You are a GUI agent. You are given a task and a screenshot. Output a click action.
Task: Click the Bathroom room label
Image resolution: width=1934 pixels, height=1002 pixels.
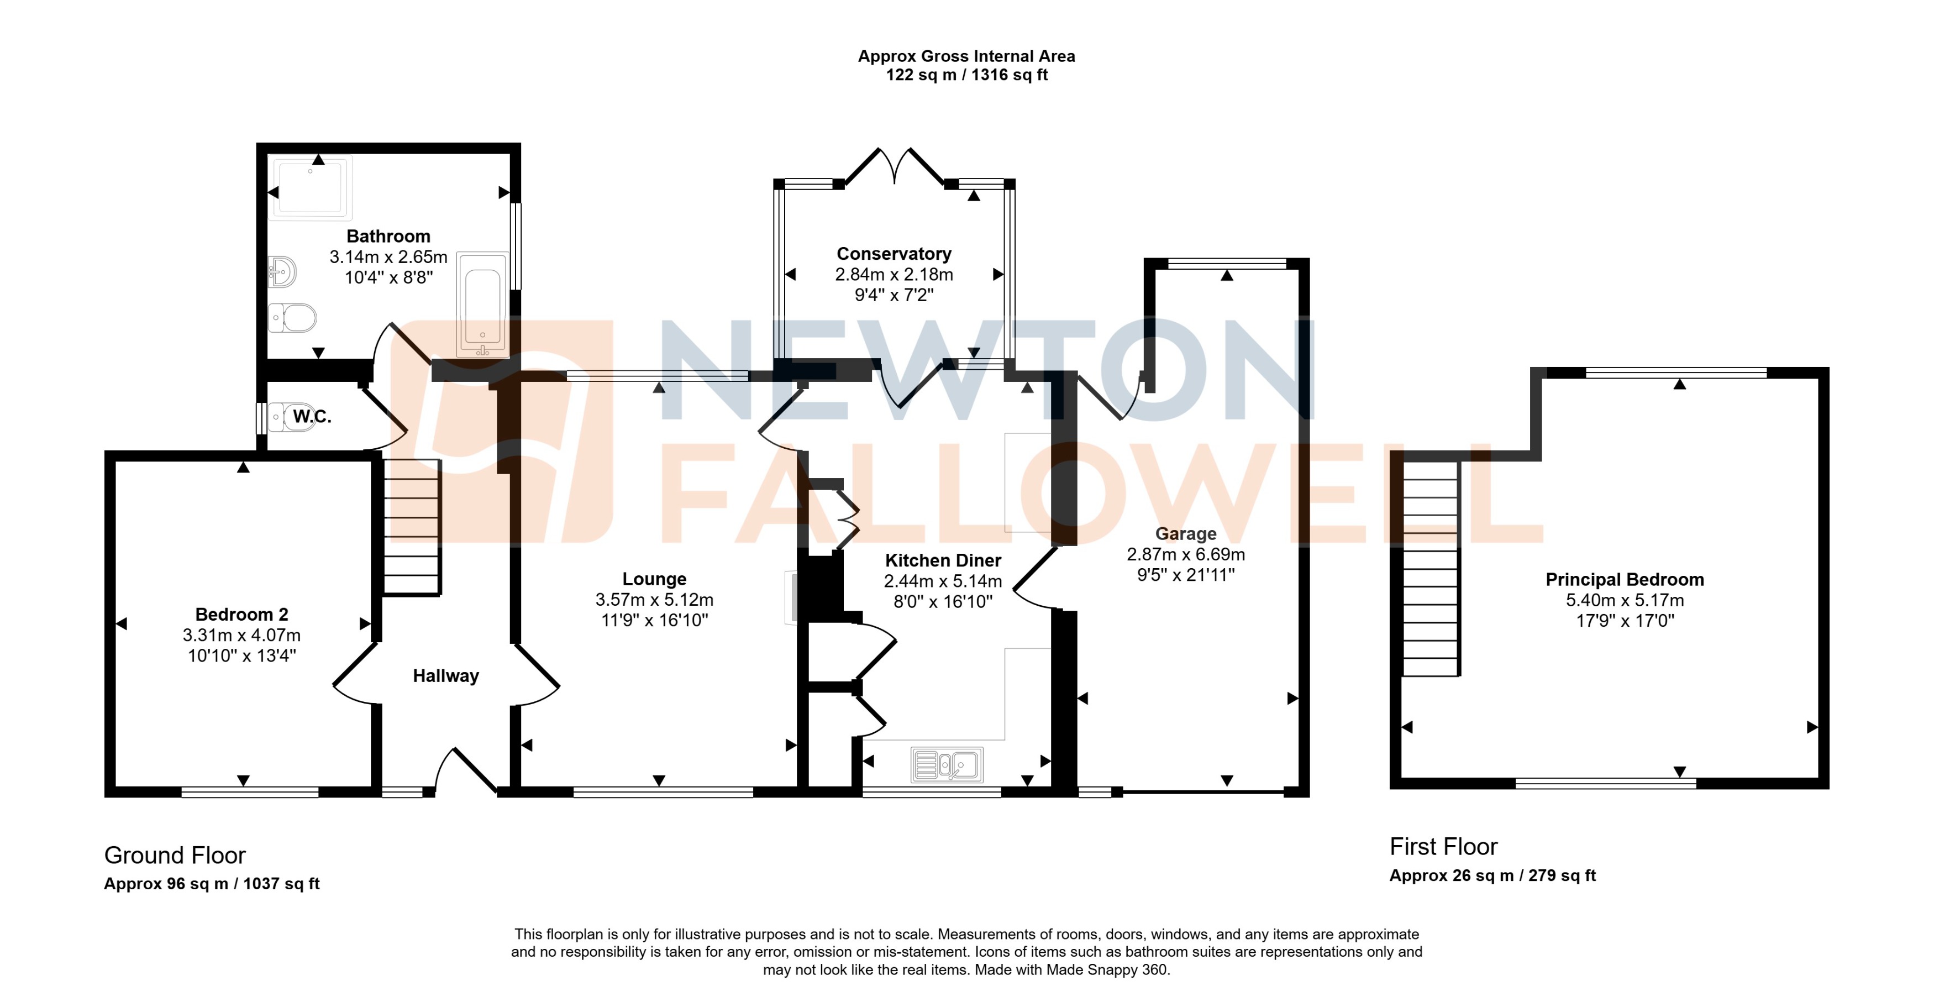[388, 237]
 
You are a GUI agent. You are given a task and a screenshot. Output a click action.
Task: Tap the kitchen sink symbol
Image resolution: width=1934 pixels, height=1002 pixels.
[947, 765]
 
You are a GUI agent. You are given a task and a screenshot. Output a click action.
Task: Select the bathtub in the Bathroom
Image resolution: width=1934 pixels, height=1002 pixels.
[483, 304]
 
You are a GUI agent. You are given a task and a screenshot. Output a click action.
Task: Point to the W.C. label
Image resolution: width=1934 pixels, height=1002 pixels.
[312, 416]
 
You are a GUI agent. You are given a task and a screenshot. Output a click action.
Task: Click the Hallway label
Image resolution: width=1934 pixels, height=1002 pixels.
[445, 676]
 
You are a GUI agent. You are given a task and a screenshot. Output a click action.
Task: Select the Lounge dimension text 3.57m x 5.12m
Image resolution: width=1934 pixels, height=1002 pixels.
[654, 600]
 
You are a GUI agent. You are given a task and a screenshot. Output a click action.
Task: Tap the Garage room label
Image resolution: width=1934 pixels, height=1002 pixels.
[1185, 534]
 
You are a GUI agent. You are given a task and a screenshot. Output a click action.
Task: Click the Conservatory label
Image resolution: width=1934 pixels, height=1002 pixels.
[894, 254]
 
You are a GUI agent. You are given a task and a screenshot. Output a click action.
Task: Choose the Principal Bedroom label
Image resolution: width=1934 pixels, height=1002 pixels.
[1624, 580]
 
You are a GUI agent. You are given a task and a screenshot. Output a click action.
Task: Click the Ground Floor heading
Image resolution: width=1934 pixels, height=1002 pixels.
[175, 855]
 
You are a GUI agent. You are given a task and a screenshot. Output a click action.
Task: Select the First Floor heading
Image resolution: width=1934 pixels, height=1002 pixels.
[1443, 847]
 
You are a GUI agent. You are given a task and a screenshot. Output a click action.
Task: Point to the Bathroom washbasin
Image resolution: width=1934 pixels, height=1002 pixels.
[282, 272]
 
